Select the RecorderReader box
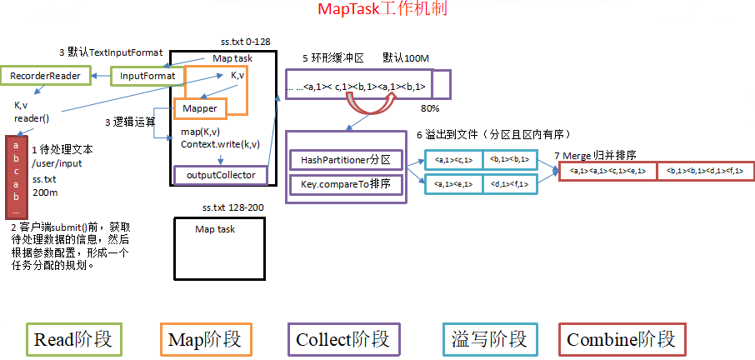click(45, 76)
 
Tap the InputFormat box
click(147, 76)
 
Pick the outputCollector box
click(221, 175)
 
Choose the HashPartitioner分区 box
click(346, 159)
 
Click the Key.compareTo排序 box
click(346, 182)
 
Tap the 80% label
click(430, 108)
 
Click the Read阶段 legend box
click(72, 340)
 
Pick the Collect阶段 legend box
click(342, 340)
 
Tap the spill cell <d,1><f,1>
click(508, 184)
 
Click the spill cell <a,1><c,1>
click(454, 159)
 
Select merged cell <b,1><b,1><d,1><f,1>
click(704, 171)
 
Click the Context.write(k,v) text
click(220, 144)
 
